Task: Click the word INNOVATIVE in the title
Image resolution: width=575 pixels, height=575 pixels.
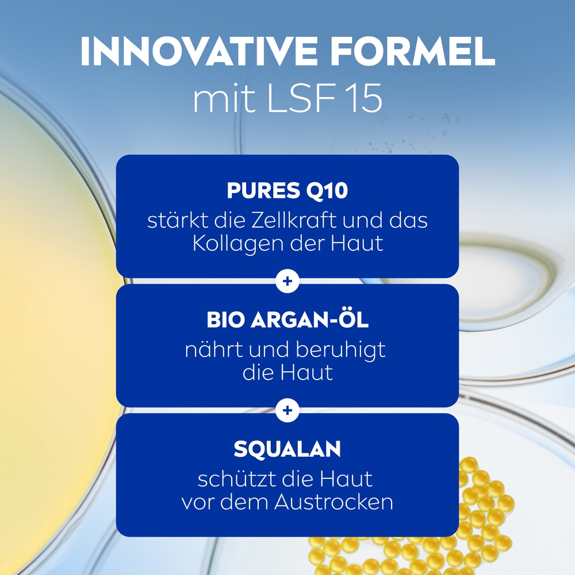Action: [197, 53]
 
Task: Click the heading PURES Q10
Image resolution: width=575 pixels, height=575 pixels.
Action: [287, 191]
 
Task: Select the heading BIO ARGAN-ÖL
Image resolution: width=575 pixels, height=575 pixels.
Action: [287, 321]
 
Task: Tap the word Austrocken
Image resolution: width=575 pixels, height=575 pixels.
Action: [333, 502]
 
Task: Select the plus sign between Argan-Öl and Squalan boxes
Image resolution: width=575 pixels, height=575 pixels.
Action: [287, 410]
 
